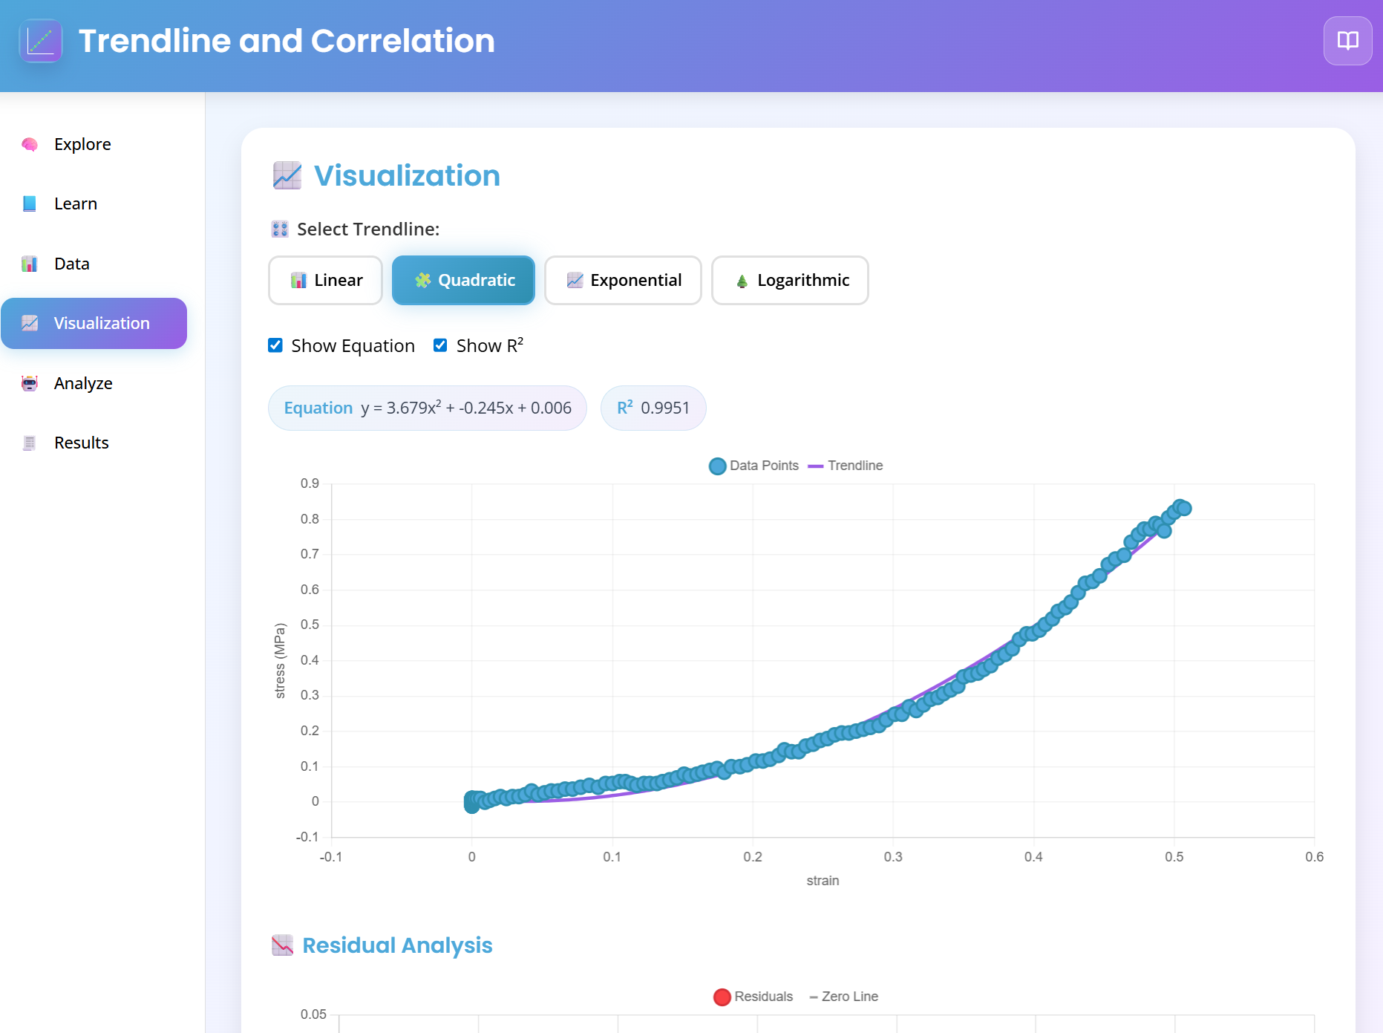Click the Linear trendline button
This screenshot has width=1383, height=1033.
tap(325, 280)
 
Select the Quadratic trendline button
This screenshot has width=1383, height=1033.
tap(463, 280)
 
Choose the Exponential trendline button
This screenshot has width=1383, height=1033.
tap(623, 280)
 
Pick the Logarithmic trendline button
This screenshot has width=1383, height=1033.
tap(790, 280)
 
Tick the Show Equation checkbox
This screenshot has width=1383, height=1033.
tap(275, 345)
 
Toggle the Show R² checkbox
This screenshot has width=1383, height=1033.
tap(440, 345)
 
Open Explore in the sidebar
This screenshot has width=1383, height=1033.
tap(82, 144)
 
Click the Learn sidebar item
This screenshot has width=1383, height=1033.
tap(76, 203)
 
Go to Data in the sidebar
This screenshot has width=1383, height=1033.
tap(72, 264)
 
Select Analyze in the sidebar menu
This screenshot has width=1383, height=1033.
tap(83, 383)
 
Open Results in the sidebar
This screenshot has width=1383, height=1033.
tap(82, 443)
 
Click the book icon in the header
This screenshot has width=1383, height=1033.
tap(1347, 41)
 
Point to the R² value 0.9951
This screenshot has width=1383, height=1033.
tap(665, 408)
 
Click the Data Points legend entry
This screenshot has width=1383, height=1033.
tap(755, 466)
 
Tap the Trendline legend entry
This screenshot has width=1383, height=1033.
tap(846, 466)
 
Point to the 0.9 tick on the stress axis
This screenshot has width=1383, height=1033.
tap(310, 483)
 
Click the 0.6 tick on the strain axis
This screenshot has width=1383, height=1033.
tap(1314, 857)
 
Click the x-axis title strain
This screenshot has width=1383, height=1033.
tap(823, 881)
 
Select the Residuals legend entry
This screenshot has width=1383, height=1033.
tap(754, 997)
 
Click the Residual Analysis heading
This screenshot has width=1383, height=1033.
tap(397, 945)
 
